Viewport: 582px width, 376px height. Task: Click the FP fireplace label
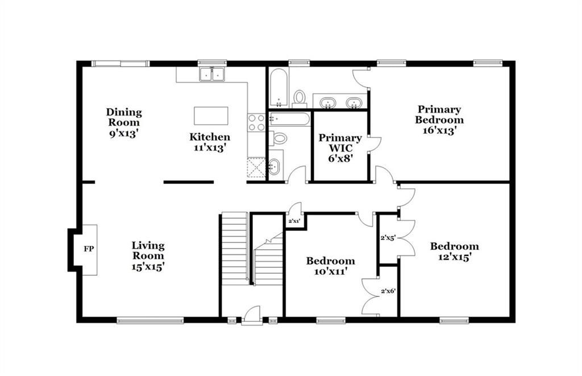tap(88, 249)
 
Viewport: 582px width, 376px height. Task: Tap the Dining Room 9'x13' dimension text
tap(123, 133)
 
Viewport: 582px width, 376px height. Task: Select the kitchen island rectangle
tap(211, 116)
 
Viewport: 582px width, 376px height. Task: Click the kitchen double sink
tap(211, 75)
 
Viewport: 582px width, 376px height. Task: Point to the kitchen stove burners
tap(256, 123)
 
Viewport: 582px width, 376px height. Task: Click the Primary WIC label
tap(340, 143)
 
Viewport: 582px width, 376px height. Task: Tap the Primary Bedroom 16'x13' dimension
tap(439, 130)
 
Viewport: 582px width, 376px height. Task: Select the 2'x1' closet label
tap(294, 221)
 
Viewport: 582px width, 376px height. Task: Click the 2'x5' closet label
tap(387, 238)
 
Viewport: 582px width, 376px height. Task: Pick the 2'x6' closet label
tap(388, 291)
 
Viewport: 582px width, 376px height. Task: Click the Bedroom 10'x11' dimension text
tap(330, 271)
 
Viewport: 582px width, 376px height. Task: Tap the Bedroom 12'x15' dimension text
tap(455, 257)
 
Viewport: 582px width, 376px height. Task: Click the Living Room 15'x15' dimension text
tap(148, 266)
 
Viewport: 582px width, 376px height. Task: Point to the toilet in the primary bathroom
tap(299, 98)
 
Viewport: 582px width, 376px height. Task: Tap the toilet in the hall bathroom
tap(278, 139)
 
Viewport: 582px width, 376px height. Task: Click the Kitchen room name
tap(210, 137)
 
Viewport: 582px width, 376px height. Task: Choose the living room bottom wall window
tap(150, 320)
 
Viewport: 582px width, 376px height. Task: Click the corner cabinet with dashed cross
tap(256, 167)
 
